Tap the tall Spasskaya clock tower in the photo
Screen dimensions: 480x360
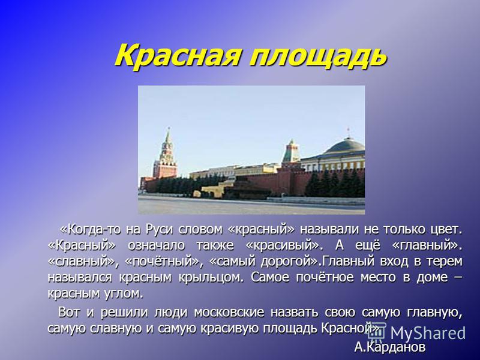(x=166, y=154)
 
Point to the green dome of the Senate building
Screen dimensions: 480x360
(x=345, y=146)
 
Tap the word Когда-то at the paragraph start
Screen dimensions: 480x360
(x=91, y=229)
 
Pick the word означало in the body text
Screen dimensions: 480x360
(x=156, y=245)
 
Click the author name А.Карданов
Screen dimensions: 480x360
(x=389, y=347)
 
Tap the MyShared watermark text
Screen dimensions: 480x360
(x=428, y=333)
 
